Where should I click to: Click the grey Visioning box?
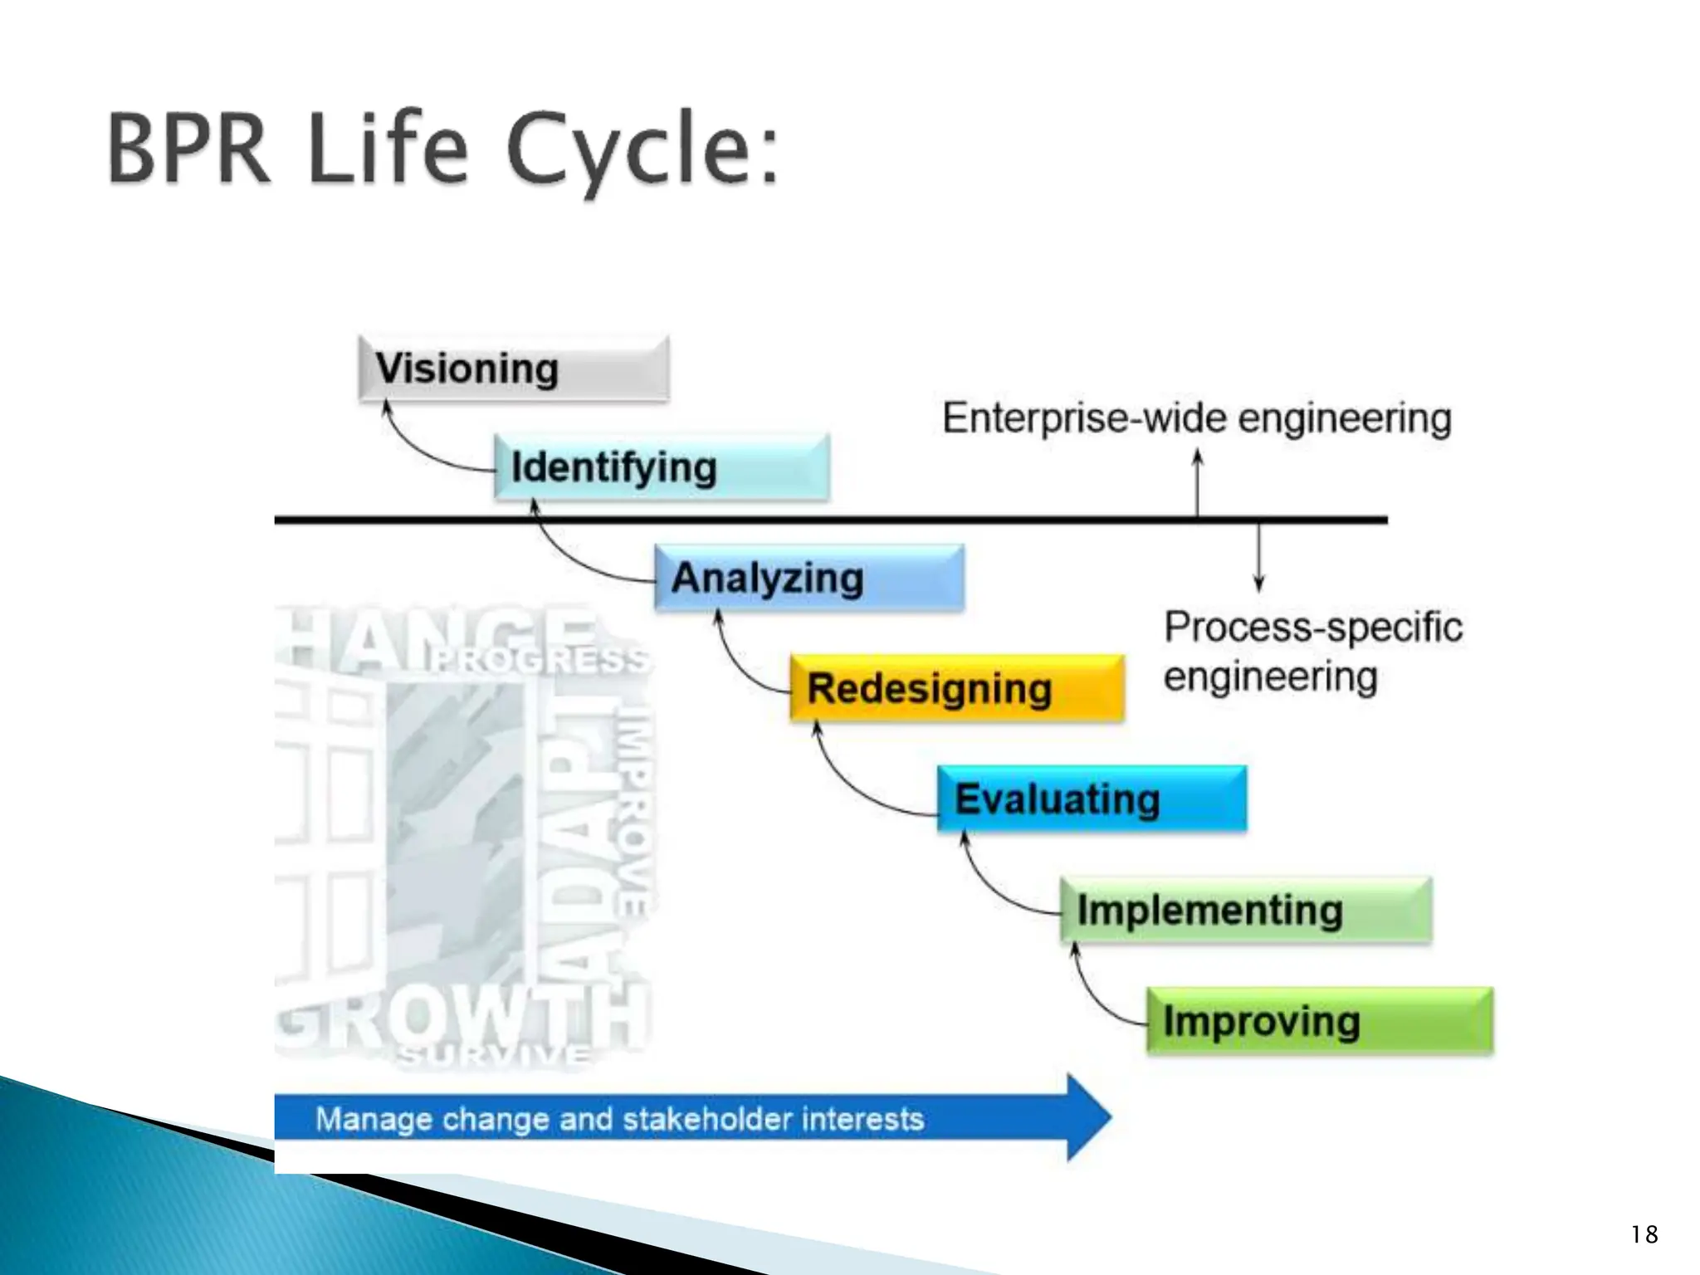(513, 369)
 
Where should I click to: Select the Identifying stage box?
(661, 467)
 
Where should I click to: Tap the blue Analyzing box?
(808, 578)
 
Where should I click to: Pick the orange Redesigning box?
(956, 688)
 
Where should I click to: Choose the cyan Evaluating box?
(1091, 799)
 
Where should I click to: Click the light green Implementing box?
(1245, 910)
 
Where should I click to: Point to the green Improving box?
(1320, 1021)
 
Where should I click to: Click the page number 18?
(1644, 1234)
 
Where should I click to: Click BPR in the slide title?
(189, 149)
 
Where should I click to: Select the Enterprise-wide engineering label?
(1196, 418)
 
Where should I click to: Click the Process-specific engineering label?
(1312, 652)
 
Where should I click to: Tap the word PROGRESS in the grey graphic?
(540, 660)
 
